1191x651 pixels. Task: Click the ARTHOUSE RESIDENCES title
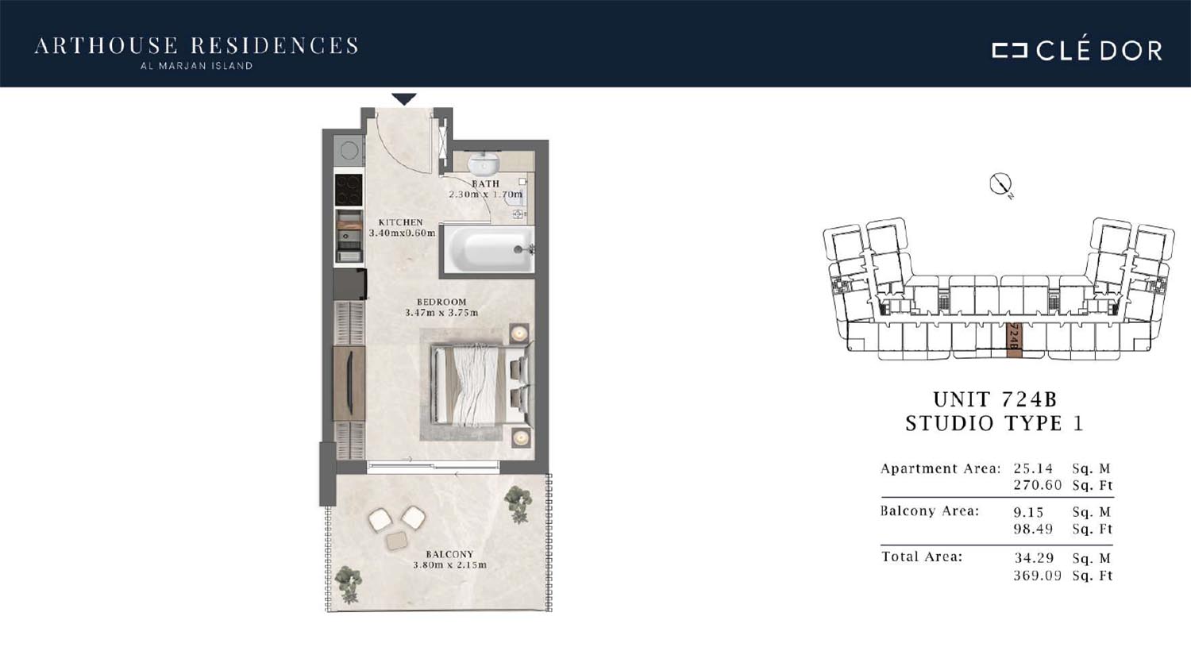[x=196, y=46]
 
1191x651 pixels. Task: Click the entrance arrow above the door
[x=404, y=99]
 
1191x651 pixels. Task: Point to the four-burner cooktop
[x=349, y=189]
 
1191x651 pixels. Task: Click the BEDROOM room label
[x=441, y=302]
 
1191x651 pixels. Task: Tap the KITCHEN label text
[x=401, y=222]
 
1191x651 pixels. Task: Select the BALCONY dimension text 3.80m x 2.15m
[x=450, y=565]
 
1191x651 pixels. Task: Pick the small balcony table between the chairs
[x=397, y=541]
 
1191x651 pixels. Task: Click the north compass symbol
[x=1000, y=184]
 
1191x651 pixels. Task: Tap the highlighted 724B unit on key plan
[x=1014, y=339]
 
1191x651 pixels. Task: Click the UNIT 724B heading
[x=996, y=399]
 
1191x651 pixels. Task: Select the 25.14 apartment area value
[x=1033, y=468]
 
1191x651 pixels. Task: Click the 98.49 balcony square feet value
[x=1033, y=530]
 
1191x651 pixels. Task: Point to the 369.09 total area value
[x=1037, y=576]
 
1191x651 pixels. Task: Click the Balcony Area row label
[x=930, y=511]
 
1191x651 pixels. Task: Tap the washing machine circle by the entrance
[x=349, y=151]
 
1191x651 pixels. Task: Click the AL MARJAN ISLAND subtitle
[x=196, y=66]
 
